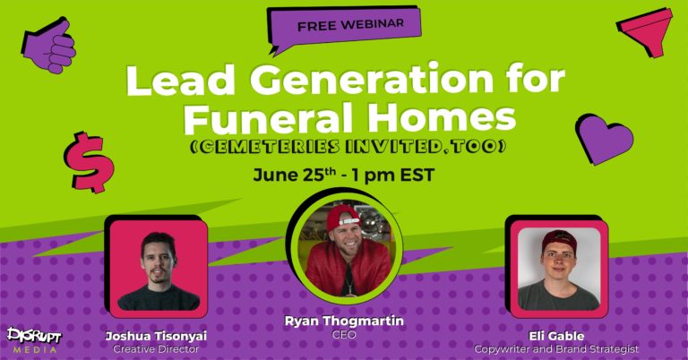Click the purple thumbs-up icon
pos(49,45)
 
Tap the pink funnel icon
pos(645,32)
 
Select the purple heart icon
pos(604,138)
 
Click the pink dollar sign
pos(89,162)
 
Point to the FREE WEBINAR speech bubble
pos(344,28)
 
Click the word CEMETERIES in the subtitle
pos(265,147)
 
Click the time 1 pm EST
pos(393,175)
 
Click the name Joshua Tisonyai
pos(156,337)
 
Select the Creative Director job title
pos(156,349)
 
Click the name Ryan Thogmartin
pos(344,321)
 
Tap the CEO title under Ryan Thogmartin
pos(344,335)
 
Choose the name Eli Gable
pos(556,337)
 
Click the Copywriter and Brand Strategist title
pos(556,349)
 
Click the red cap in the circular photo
pos(343,217)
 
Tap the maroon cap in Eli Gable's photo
pos(559,239)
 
